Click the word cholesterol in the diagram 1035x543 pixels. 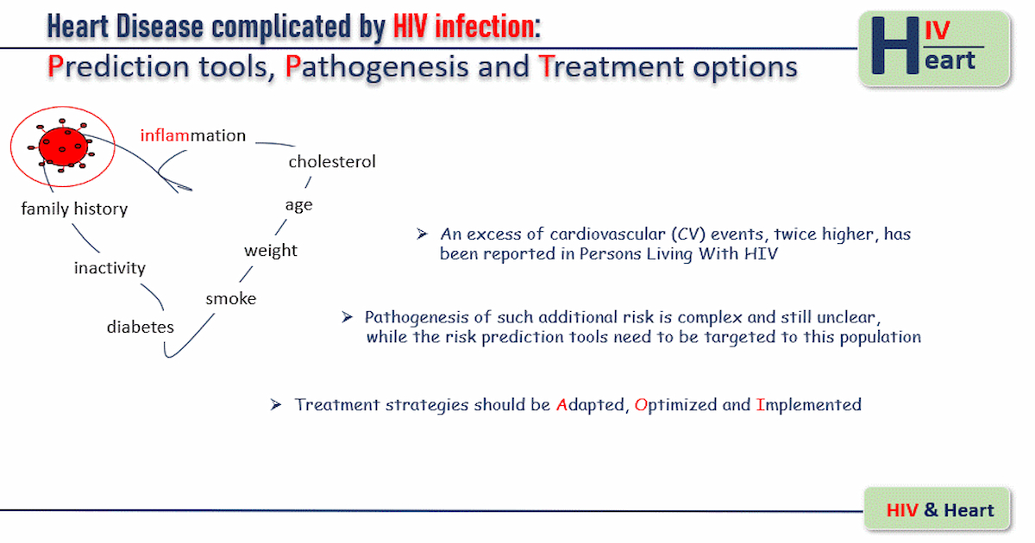coord(332,162)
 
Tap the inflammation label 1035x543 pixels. coord(192,135)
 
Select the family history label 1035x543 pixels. coord(74,209)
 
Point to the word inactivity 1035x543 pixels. coord(110,268)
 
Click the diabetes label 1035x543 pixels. coord(140,327)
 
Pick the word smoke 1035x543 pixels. coord(230,299)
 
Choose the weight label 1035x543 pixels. coord(271,251)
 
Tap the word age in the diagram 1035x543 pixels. coord(298,205)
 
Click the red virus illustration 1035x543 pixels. coord(62,147)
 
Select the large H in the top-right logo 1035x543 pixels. coord(895,46)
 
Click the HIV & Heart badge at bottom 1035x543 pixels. coord(937,509)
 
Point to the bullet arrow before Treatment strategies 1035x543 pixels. coord(276,405)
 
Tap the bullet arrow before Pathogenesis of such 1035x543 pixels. coord(347,317)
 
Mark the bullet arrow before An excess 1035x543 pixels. coord(422,234)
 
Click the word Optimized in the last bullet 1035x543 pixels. coord(675,405)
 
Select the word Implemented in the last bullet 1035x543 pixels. coord(809,405)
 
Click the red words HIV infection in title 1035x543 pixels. coord(464,27)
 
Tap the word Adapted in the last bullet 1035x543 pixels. coord(591,405)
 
